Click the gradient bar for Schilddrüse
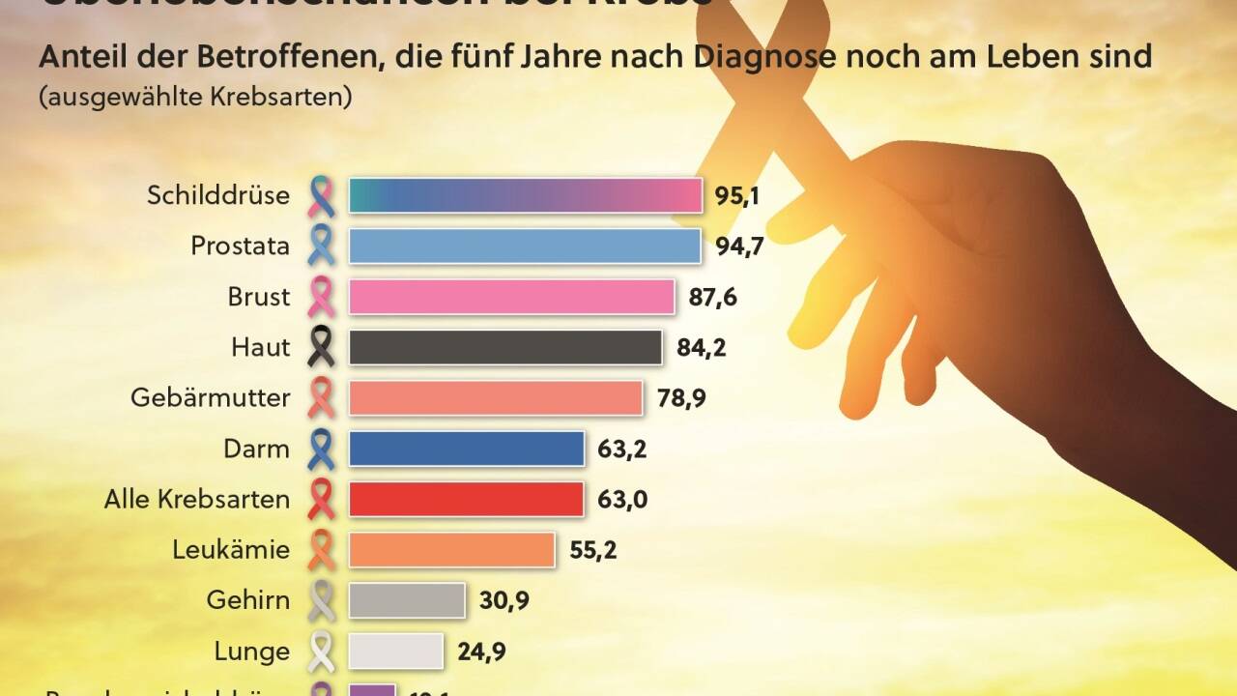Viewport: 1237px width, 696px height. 525,195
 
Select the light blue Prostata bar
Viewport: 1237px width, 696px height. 525,246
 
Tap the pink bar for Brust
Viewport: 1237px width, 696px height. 511,296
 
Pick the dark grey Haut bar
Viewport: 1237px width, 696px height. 505,347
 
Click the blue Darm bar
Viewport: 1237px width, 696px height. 466,449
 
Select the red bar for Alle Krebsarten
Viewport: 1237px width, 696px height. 466,499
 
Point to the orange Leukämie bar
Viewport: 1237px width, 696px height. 451,549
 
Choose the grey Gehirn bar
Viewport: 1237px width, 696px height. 407,599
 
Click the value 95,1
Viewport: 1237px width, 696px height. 737,196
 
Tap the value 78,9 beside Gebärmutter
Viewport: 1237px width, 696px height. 681,397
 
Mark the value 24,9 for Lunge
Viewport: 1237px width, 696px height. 481,651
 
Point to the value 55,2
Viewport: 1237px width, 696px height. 592,550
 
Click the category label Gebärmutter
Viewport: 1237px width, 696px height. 211,397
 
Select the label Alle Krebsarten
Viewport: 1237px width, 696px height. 197,499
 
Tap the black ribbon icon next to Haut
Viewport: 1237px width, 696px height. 321,347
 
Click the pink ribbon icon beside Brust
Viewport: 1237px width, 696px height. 321,297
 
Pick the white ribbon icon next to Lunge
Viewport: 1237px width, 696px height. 321,652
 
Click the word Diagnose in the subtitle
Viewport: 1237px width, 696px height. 813,57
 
